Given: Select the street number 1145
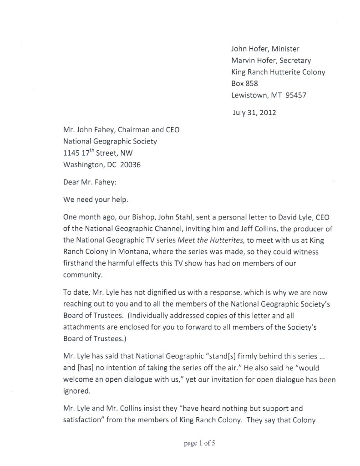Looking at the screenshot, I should click(x=72, y=154).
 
